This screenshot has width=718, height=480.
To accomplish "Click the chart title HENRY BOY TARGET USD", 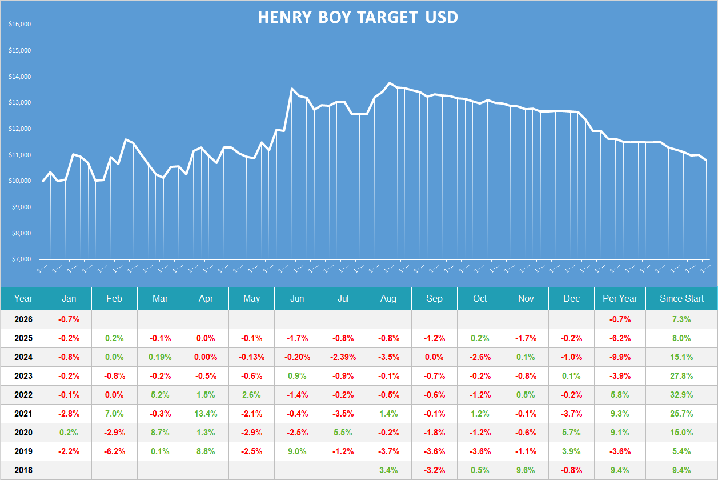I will [x=358, y=17].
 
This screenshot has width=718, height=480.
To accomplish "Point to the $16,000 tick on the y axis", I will [x=20, y=25].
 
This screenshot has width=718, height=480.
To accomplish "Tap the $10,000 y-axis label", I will [x=20, y=181].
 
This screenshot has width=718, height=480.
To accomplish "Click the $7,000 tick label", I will [x=21, y=259].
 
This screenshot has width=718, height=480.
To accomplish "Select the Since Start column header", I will [x=681, y=298].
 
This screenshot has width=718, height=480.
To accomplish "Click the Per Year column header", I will [x=620, y=298].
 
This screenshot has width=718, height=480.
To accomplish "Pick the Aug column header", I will [x=388, y=298].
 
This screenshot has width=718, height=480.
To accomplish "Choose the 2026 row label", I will [x=23, y=319].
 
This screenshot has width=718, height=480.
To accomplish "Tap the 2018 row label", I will [x=23, y=470].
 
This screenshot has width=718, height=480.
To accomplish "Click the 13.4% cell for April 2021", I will [x=206, y=414].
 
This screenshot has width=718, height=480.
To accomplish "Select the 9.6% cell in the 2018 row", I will [x=526, y=470].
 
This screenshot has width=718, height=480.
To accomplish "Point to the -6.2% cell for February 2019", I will [x=114, y=451].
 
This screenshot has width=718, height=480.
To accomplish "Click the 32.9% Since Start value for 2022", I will [x=683, y=395].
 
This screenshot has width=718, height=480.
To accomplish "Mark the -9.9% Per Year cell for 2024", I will [x=620, y=357].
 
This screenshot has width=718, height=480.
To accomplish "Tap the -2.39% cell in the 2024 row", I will [x=343, y=357].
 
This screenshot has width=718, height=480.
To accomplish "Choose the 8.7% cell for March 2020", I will [x=160, y=433].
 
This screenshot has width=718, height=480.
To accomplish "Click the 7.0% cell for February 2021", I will [x=114, y=414].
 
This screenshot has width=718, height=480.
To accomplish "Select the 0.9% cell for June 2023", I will [x=297, y=376].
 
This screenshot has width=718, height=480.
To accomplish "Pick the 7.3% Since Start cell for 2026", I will [x=683, y=319].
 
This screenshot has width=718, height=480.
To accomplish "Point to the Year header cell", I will [x=23, y=298].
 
